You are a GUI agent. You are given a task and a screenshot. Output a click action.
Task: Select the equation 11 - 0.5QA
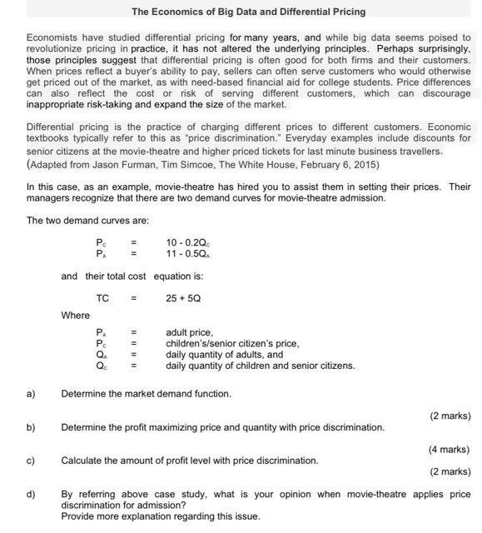tap(189, 252)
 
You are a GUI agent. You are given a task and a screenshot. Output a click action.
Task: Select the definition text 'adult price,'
tap(190, 332)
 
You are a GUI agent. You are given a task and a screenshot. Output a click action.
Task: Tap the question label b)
tap(31, 427)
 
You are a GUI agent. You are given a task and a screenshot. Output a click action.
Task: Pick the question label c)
tap(31, 460)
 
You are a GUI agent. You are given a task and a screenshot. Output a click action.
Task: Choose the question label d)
tap(31, 494)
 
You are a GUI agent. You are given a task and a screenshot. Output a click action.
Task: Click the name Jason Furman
tap(124, 165)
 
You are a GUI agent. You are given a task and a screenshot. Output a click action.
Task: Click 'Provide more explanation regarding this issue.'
tap(161, 516)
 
